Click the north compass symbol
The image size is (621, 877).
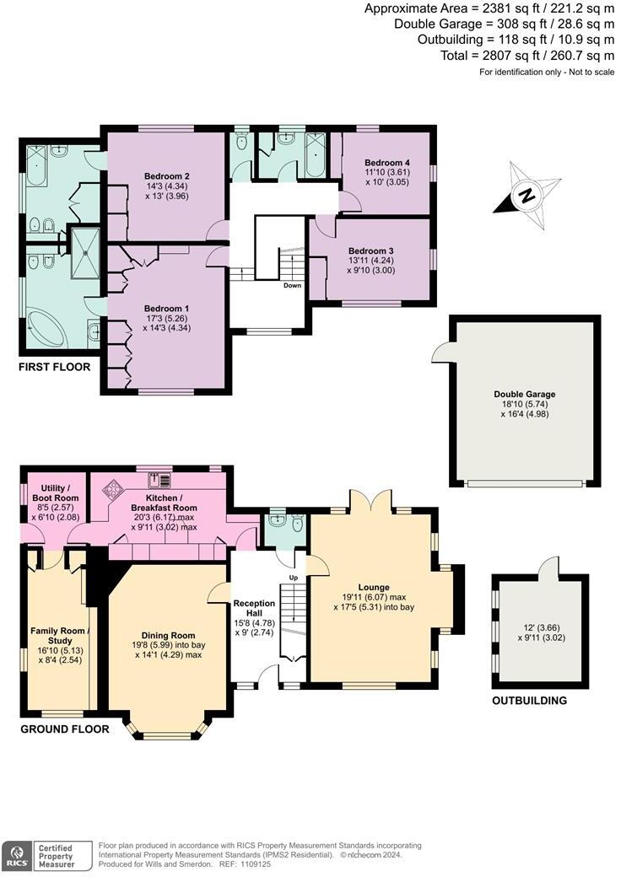pos(526,197)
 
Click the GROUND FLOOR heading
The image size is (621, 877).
pos(65,729)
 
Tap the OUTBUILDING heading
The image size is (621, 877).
pos(529,701)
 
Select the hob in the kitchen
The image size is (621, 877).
pos(113,488)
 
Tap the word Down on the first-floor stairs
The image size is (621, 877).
pos(292,285)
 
